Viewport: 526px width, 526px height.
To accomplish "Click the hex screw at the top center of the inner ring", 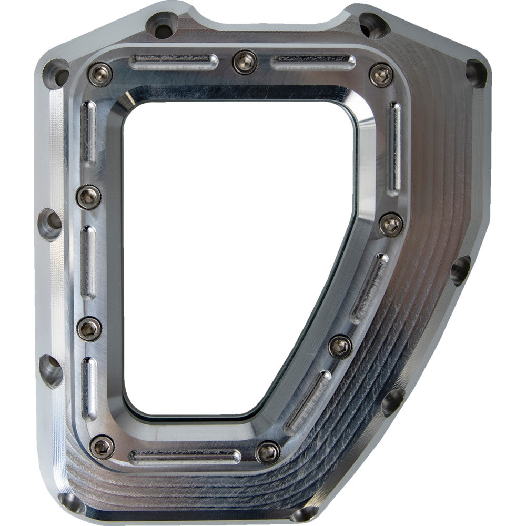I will tap(245, 62).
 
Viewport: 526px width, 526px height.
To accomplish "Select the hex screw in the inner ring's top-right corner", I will tap(381, 75).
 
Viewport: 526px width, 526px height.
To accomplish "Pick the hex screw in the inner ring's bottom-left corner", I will tap(102, 447).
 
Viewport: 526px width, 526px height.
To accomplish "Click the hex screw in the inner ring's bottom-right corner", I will tap(268, 452).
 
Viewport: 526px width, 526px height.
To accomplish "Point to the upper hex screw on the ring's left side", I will tap(88, 197).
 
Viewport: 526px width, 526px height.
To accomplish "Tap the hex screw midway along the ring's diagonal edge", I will tap(340, 346).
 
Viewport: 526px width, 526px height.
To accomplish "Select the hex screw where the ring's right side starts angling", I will tap(391, 225).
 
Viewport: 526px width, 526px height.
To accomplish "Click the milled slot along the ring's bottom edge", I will tap(185, 457).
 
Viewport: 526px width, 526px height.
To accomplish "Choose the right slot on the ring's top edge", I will tap(312, 63).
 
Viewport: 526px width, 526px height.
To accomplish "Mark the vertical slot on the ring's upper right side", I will tap(394, 148).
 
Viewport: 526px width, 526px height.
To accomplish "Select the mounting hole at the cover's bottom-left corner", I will tap(71, 503).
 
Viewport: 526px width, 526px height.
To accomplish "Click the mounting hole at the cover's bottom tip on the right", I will tap(305, 513).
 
